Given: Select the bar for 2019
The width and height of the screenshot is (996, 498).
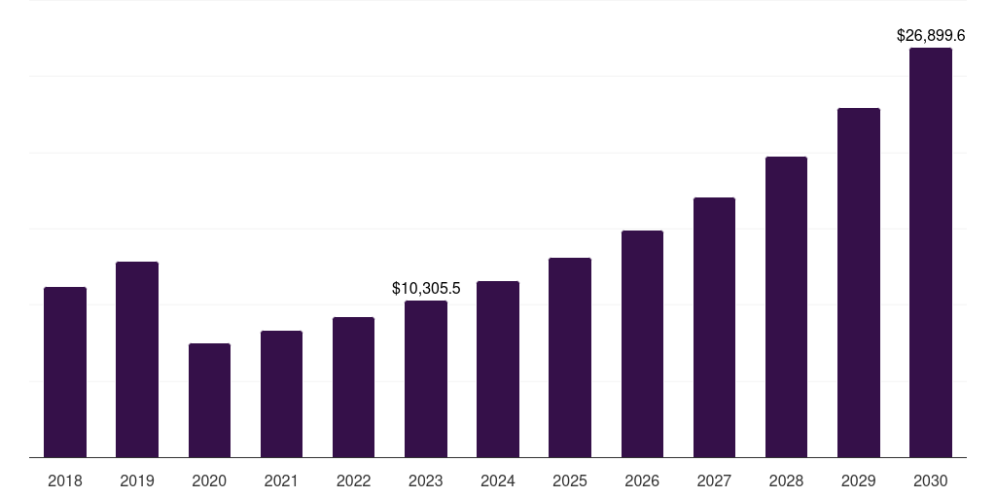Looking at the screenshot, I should click(x=137, y=359).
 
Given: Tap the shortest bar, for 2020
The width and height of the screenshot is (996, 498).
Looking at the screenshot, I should click(x=209, y=400).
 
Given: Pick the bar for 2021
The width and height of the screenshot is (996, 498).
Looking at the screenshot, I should click(x=281, y=394).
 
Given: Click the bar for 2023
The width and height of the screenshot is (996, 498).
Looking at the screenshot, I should click(x=426, y=378).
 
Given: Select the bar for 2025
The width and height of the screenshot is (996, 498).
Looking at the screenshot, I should click(x=570, y=357).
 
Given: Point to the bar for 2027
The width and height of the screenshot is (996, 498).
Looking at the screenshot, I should click(x=714, y=327).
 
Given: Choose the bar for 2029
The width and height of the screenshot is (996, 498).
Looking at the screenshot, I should click(x=859, y=282).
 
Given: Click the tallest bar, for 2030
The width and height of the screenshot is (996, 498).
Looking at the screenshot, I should click(x=931, y=252).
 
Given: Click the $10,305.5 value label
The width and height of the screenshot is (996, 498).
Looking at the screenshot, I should click(x=426, y=288).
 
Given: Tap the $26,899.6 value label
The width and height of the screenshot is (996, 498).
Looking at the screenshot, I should click(x=931, y=35).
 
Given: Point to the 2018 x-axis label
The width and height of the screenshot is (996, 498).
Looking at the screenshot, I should click(x=65, y=480).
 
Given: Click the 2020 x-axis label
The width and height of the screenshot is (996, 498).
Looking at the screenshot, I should click(x=209, y=480).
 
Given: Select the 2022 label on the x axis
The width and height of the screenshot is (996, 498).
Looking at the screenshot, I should click(x=354, y=480).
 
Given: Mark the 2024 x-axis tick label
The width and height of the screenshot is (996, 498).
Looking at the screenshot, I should click(x=498, y=480).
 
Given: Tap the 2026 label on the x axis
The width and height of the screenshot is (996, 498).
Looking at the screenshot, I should click(x=642, y=480).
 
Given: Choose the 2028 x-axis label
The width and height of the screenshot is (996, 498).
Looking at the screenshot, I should click(x=786, y=480).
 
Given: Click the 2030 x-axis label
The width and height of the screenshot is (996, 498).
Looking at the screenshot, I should click(x=931, y=480).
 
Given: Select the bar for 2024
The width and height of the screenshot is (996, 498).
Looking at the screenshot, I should click(x=498, y=369).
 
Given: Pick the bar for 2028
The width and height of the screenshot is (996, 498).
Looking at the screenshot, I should click(x=786, y=306).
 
